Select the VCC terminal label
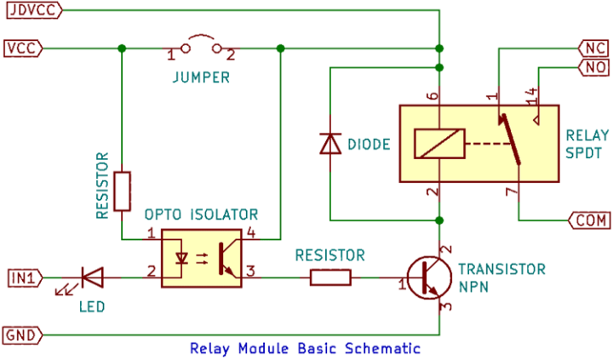tap(22, 48)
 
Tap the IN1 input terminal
tap(23, 276)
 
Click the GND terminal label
tap(22, 334)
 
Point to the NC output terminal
tap(592, 47)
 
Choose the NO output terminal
tap(592, 66)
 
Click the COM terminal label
tap(588, 220)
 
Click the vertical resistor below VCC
tap(123, 191)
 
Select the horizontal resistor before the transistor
tap(330, 277)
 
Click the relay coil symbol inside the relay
tap(439, 143)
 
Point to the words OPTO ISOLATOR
tap(200, 214)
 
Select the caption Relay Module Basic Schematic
tap(305, 349)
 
